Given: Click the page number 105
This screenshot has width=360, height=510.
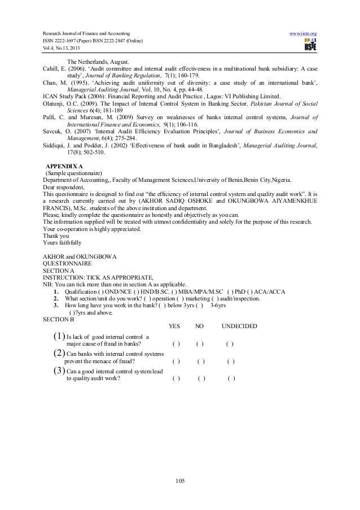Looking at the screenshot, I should [x=180, y=481].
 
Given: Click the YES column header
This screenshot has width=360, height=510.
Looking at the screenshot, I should [x=174, y=327].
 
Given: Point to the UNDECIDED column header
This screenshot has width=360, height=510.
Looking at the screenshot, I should [x=239, y=327].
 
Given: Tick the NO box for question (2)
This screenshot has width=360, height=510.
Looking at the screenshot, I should [x=201, y=361].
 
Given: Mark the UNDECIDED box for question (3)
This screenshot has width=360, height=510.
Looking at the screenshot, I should [x=231, y=378].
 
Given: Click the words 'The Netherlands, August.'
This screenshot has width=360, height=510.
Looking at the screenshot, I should [x=98, y=62].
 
